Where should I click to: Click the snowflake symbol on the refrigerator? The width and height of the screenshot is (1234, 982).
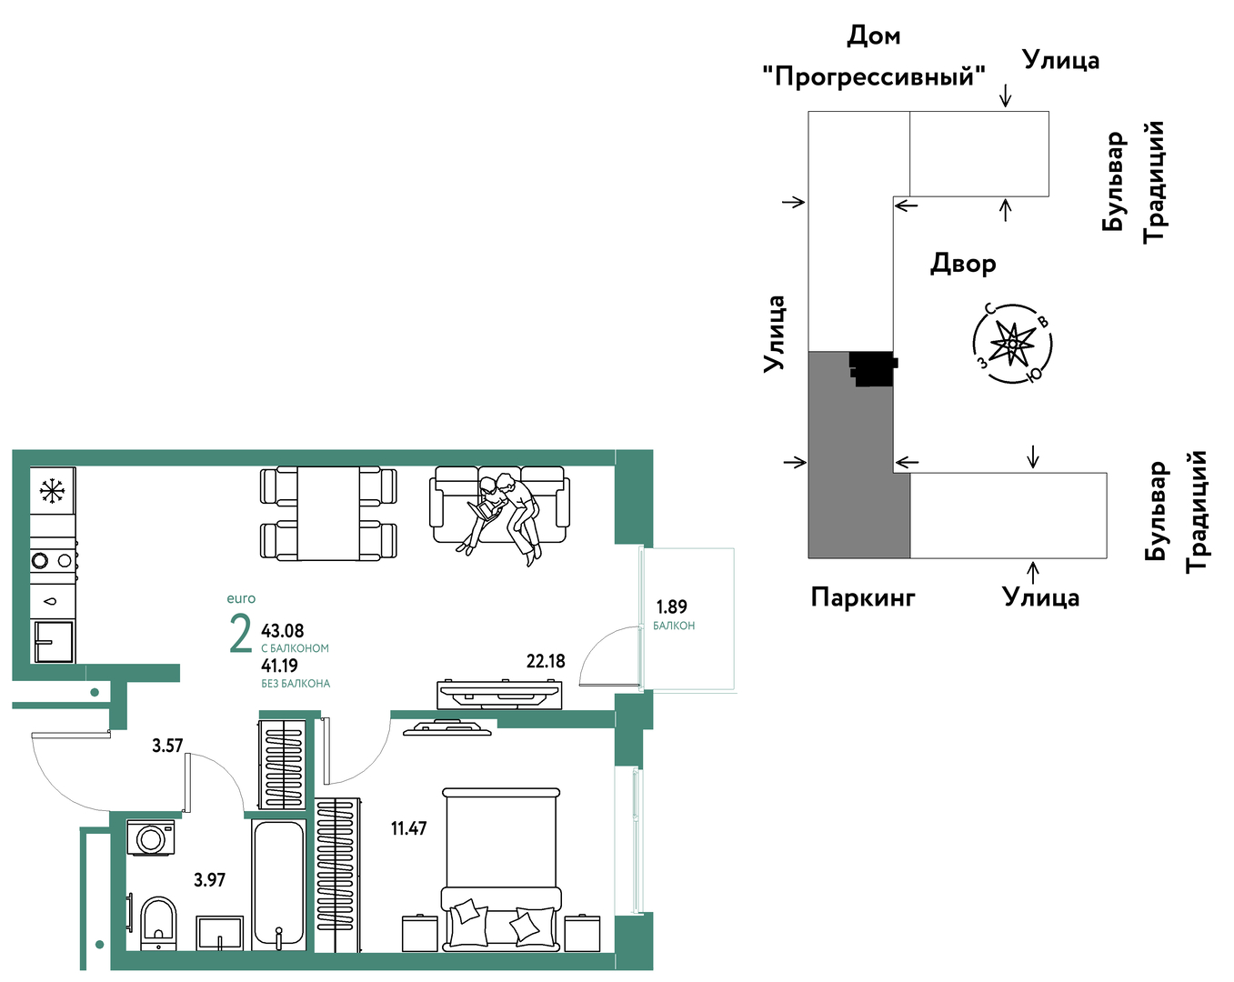52,491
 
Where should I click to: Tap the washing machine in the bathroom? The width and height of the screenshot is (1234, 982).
151,838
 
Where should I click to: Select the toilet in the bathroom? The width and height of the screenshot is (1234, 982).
158,924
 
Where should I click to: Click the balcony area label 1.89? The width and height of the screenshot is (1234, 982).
671,606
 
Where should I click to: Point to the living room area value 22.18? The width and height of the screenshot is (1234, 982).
546,661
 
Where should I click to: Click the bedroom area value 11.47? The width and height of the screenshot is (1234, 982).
409,828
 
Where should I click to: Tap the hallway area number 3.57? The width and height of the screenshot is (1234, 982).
167,746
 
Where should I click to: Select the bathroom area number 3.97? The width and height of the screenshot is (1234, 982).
209,879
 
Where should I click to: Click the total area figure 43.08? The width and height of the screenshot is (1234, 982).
283,631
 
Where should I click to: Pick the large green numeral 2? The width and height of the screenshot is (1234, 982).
240,633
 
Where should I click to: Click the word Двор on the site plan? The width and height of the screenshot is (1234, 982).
963,264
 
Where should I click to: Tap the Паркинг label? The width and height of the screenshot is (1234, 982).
863,596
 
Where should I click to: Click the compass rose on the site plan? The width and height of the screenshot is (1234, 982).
1013,343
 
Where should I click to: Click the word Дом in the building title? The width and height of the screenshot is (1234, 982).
874,35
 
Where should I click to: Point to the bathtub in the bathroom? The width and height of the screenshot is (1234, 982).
278,885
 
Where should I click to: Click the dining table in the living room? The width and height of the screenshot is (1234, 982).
328,513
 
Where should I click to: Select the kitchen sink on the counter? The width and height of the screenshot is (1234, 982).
54,641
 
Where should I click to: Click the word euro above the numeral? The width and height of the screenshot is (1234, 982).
241,598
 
